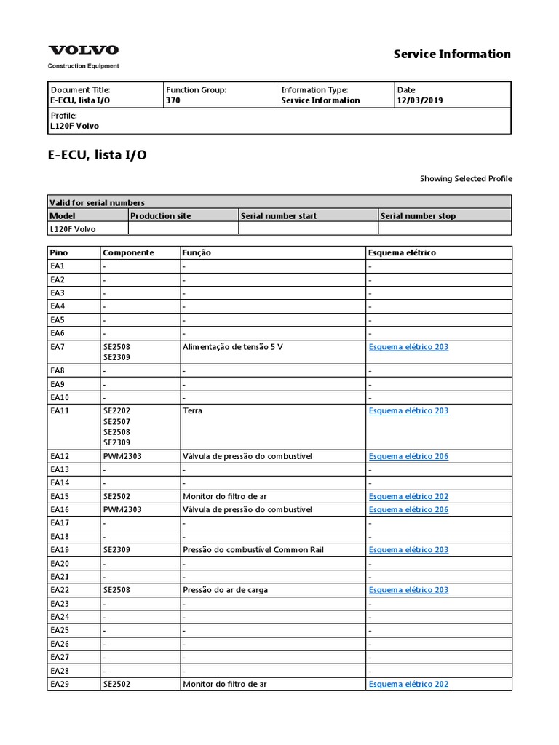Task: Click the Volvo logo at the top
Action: click(84, 50)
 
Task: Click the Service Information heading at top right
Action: click(452, 54)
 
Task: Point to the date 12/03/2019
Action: click(419, 100)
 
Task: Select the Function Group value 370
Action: click(173, 100)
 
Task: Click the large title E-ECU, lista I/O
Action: click(97, 155)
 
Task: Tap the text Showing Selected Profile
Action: click(466, 178)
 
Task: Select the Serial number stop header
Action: click(418, 215)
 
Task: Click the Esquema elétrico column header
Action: click(402, 252)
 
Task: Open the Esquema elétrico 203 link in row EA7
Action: click(408, 347)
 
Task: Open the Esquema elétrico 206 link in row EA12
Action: click(408, 456)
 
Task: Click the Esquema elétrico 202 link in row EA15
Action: click(408, 496)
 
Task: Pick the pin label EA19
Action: click(60, 550)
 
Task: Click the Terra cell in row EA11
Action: click(193, 411)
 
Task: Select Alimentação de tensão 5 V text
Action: click(232, 347)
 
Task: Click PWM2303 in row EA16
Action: click(122, 509)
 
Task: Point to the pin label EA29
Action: click(60, 684)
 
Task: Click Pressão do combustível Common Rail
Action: click(246, 550)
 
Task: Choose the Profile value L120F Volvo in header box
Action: click(74, 126)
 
